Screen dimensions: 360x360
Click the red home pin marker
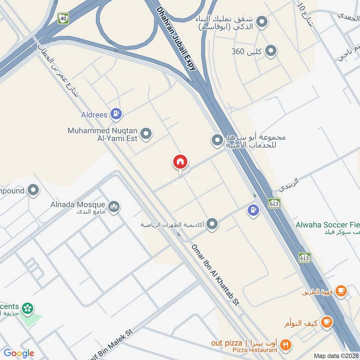pyautogui.click(x=180, y=162)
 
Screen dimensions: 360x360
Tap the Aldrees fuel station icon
pyautogui.click(x=117, y=114)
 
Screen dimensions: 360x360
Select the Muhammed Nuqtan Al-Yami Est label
pyautogui.click(x=103, y=134)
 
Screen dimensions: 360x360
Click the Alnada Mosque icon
pyautogui.click(x=114, y=206)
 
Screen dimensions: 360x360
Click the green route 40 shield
pyautogui.click(x=63, y=18)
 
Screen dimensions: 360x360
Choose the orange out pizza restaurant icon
pyautogui.click(x=285, y=345)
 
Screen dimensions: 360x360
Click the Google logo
pyautogui.click(x=18, y=353)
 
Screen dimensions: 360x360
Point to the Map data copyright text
pyautogui.click(x=336, y=355)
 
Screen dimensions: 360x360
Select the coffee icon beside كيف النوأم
pyautogui.click(x=327, y=323)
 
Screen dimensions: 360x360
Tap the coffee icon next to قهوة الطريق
pyautogui.click(x=341, y=291)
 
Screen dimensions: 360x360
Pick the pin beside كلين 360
pyautogui.click(x=270, y=51)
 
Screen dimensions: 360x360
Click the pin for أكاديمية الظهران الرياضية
pyautogui.click(x=212, y=224)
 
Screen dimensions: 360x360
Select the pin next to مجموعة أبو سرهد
pyautogui.click(x=217, y=140)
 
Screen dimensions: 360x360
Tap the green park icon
pyautogui.click(x=28, y=308)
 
